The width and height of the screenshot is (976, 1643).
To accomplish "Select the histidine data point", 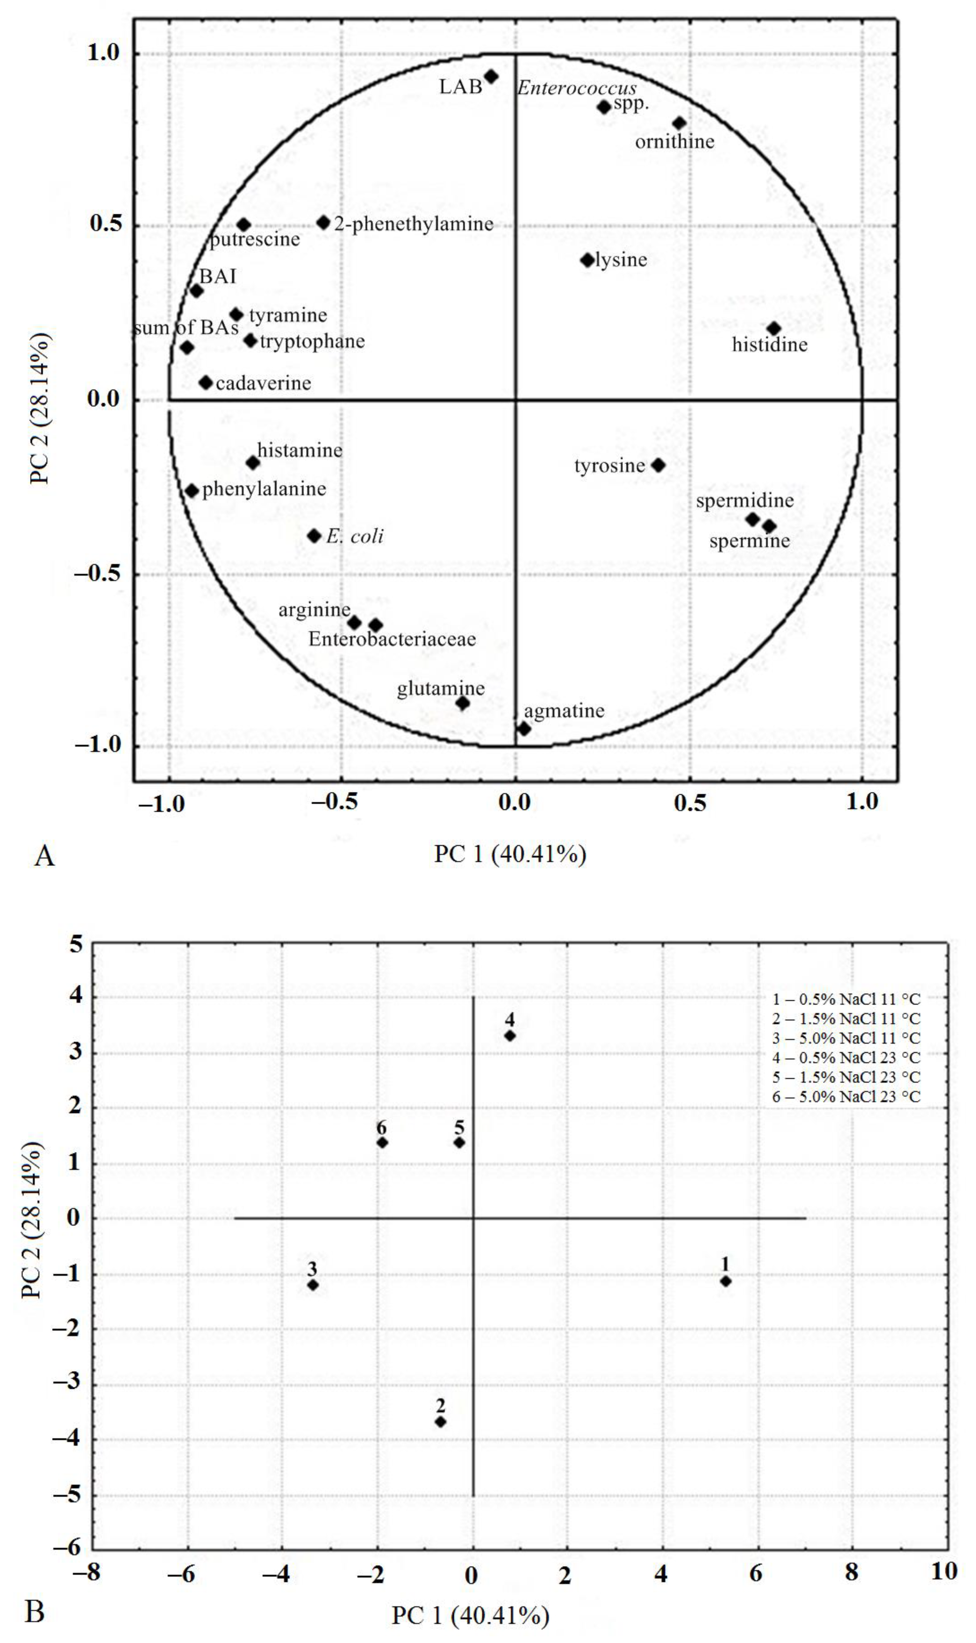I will point(774,329).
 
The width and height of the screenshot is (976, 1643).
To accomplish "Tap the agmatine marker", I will point(524,728).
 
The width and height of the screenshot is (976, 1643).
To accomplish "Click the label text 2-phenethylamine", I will point(414,224).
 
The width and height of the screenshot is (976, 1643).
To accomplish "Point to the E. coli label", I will point(354,537).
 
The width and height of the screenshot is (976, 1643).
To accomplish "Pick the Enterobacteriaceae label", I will point(392,639).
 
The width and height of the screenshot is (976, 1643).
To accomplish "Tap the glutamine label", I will point(441,688).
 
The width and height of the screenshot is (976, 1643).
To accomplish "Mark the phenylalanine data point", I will point(192,490).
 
